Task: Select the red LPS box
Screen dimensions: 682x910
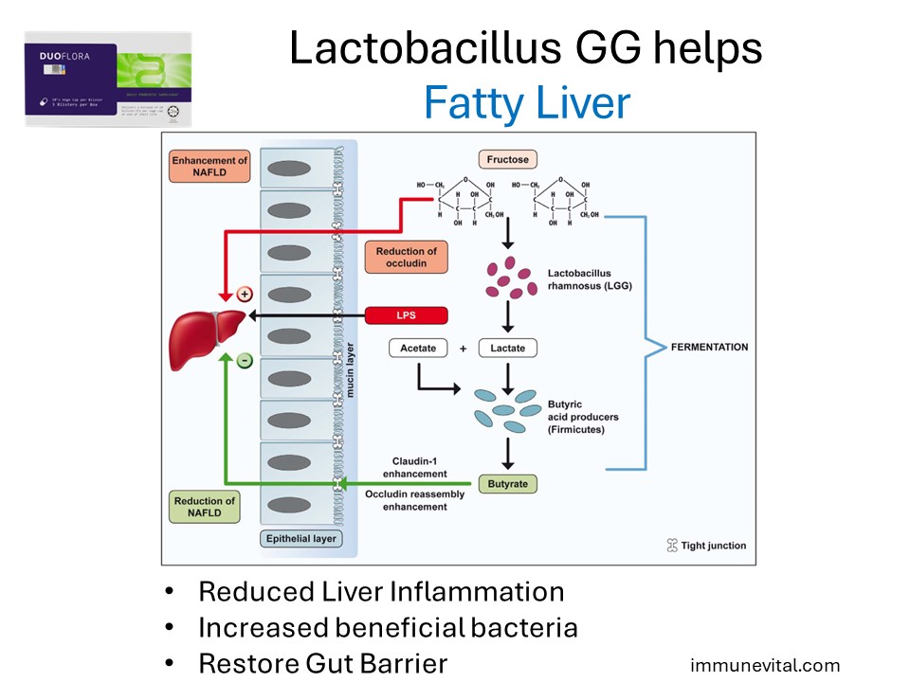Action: coord(406,316)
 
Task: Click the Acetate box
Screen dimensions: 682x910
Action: coord(418,348)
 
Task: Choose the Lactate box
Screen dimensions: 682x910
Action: coord(507,348)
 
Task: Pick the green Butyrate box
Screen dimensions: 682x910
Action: coord(507,484)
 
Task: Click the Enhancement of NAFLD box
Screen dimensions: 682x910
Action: coord(210,168)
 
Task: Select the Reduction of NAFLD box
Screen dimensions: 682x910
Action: coord(205,508)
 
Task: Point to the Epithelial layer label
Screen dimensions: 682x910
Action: coord(300,539)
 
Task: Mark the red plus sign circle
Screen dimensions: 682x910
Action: coord(245,295)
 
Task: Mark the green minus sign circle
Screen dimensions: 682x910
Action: coord(245,360)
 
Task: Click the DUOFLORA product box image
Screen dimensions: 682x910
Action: coord(107,79)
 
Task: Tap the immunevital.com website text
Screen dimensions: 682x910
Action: coord(765,665)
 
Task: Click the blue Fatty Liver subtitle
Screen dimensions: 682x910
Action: coord(526,102)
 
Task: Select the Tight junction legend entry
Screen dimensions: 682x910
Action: coord(707,546)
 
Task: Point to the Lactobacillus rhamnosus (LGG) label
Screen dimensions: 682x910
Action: coord(590,280)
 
